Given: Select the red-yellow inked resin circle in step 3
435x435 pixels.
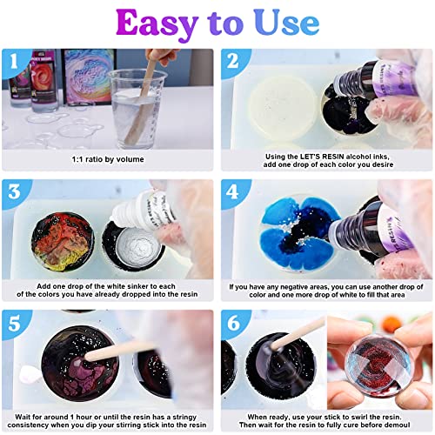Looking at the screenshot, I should [x=58, y=230].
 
